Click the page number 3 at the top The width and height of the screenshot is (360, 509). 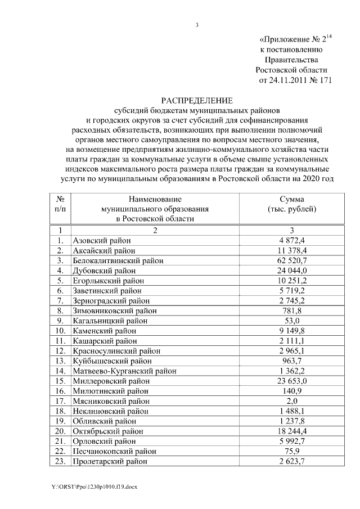pos(197,24)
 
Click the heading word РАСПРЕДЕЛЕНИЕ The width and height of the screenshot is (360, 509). pos(197,100)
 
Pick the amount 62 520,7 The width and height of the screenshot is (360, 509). pos(292,260)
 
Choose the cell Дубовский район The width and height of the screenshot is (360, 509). pos(104,271)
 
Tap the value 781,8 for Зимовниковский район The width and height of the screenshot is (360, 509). pos(292,310)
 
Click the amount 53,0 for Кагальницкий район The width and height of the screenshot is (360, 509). pos(292,321)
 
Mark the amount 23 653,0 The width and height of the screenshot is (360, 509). pos(292,381)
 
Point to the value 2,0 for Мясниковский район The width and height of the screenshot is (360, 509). pos(292,401)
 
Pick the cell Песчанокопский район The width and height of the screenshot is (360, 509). pos(112,452)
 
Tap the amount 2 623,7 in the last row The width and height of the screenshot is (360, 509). pos(292,462)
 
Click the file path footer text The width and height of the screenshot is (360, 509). pos(92,485)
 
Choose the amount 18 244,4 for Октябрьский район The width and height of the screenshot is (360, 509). pos(292,431)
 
